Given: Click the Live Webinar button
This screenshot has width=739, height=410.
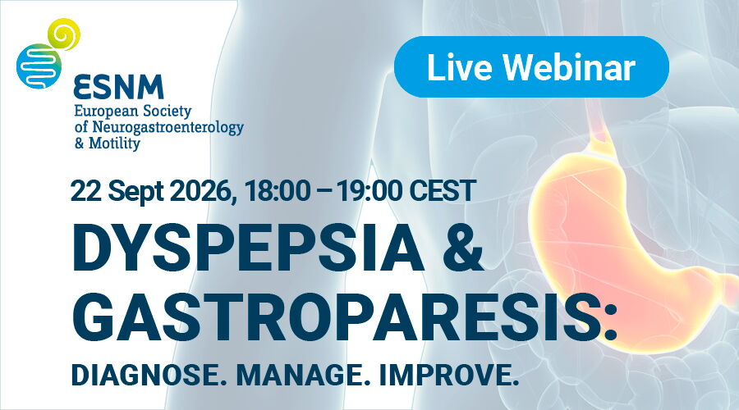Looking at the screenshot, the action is pyautogui.click(x=531, y=67).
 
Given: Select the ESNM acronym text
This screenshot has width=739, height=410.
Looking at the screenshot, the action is pyautogui.click(x=118, y=87).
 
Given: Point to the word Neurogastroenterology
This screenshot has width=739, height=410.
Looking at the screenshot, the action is pyautogui.click(x=168, y=128).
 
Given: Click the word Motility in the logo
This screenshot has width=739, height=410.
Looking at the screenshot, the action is pyautogui.click(x=114, y=143).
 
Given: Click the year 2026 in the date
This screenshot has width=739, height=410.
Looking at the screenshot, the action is pyautogui.click(x=203, y=191).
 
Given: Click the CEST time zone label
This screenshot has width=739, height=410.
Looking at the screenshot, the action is pyautogui.click(x=442, y=191).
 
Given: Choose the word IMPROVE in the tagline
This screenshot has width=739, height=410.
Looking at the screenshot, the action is pyautogui.click(x=445, y=376).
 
